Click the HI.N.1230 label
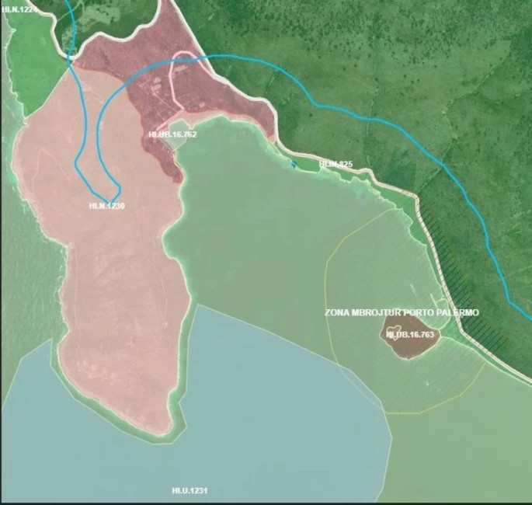coord(107,206)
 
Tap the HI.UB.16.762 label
coord(172,135)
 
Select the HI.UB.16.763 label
coord(409,334)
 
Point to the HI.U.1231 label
coord(190,491)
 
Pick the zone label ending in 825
coord(336,164)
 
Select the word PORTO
coord(429,312)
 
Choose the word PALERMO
coord(463,312)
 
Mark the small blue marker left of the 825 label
coord(293,164)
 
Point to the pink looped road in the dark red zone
coord(186,78)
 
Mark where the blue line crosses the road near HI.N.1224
coord(71,57)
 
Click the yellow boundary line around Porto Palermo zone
coord(326,272)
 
